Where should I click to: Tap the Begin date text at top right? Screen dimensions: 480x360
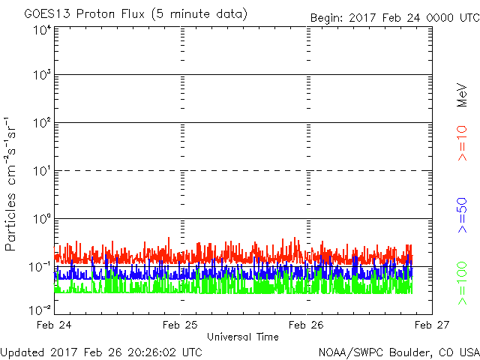coord(395,18)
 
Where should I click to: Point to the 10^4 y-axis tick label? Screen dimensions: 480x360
coord(42,30)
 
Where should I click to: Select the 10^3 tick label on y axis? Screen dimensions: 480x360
coord(42,74)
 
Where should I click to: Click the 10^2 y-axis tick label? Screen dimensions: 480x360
coord(42,122)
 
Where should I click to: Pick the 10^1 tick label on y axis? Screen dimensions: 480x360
coord(42,171)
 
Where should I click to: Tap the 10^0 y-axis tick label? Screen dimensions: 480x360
coord(42,218)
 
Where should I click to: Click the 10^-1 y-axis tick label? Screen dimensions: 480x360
coord(40,267)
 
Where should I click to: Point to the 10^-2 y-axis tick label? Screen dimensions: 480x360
coord(40,310)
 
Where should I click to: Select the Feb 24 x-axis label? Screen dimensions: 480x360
coord(54,325)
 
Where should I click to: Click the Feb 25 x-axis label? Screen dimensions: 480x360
coord(180,325)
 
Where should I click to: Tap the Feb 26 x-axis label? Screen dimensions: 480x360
coord(306,325)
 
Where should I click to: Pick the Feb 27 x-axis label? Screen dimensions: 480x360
coord(432,325)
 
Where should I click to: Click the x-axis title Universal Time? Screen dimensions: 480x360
coord(243,337)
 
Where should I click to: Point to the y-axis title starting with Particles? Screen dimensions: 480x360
coord(10,184)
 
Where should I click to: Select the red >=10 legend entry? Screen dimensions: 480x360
coord(462,143)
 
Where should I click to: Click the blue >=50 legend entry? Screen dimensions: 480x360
coord(462,215)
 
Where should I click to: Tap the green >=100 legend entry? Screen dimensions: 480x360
coord(462,283)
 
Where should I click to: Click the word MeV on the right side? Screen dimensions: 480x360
coord(462,95)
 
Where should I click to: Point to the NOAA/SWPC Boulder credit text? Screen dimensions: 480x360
coord(399,352)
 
